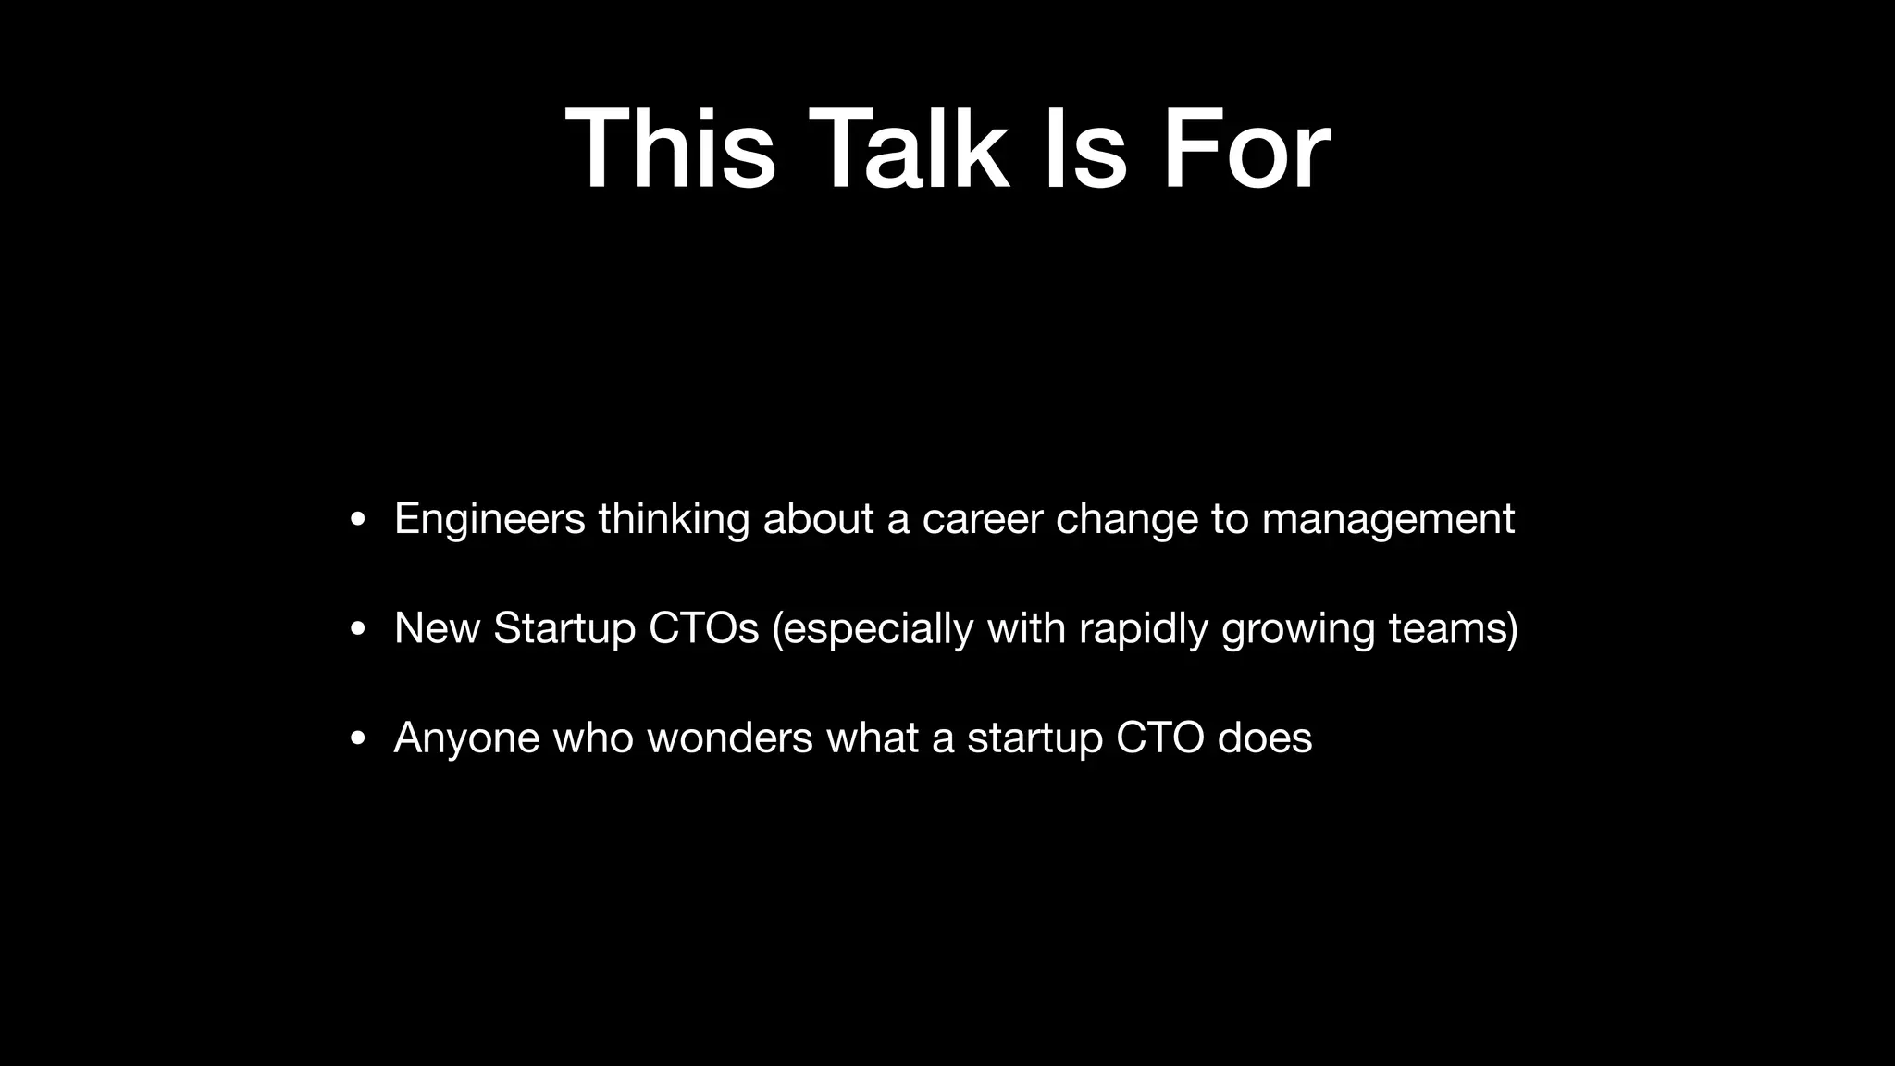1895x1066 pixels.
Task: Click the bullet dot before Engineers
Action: pyautogui.click(x=357, y=521)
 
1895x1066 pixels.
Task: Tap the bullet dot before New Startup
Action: pyautogui.click(x=357, y=630)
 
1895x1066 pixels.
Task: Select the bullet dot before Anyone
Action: pyautogui.click(x=357, y=739)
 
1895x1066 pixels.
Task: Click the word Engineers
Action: pyautogui.click(x=489, y=519)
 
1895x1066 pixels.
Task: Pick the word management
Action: pyautogui.click(x=1388, y=519)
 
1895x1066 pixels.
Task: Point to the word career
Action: pyautogui.click(x=983, y=519)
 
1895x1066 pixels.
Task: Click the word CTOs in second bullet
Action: pyautogui.click(x=703, y=628)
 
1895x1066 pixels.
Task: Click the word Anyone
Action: pyautogui.click(x=466, y=738)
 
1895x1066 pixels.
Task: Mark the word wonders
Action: pyautogui.click(x=729, y=738)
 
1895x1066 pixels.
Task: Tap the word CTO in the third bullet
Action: pyautogui.click(x=1159, y=738)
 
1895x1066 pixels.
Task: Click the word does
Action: pyautogui.click(x=1265, y=738)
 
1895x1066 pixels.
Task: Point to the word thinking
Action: pyautogui.click(x=674, y=519)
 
